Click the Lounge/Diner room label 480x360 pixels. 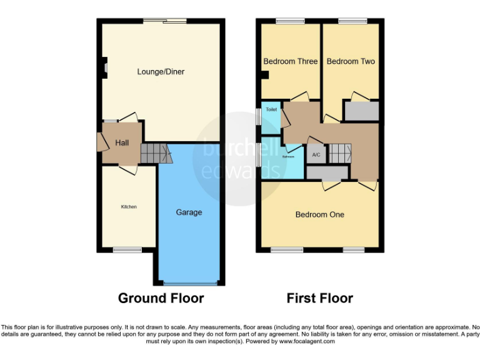[x=161, y=72]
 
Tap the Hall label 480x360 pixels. [x=122, y=143]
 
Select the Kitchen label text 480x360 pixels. [x=129, y=207]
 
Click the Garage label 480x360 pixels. [x=189, y=212]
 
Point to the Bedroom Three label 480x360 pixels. [x=290, y=61]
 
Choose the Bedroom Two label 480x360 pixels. [x=351, y=61]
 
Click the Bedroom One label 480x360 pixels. [x=319, y=214]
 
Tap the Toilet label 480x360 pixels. [x=271, y=109]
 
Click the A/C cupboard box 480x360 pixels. [x=316, y=154]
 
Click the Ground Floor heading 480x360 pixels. [x=161, y=298]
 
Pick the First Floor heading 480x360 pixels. [x=319, y=298]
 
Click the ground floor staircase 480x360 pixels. [x=153, y=153]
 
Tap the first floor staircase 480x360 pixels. [x=339, y=153]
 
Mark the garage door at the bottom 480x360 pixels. [x=189, y=283]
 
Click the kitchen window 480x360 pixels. [x=122, y=250]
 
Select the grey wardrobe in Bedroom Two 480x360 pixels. [x=362, y=111]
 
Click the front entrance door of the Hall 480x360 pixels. [x=100, y=142]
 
